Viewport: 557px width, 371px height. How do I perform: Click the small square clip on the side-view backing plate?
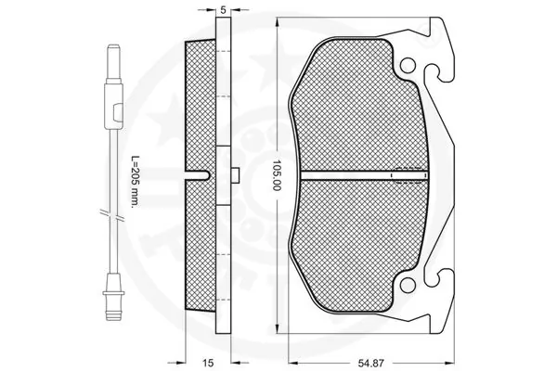236,174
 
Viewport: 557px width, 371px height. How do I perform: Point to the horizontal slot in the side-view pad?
197,174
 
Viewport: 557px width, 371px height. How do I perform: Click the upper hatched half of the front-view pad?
362,111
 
